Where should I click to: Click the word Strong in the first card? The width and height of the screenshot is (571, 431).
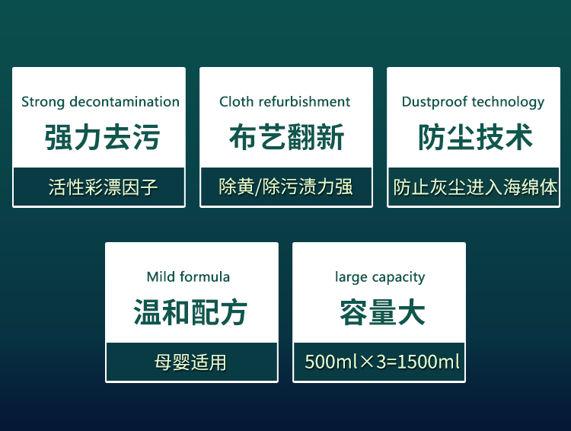(43, 102)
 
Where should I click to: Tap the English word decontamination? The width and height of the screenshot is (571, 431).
(125, 101)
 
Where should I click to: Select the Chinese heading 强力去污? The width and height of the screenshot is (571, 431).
(102, 137)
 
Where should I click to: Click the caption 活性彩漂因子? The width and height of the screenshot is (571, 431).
(103, 187)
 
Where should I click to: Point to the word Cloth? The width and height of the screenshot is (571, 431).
(236, 101)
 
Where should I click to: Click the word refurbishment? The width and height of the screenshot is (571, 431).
(305, 101)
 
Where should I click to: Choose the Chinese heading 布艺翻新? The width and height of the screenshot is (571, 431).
(286, 137)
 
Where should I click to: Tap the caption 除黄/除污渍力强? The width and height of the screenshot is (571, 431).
(285, 187)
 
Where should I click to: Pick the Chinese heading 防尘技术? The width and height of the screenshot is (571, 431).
(475, 137)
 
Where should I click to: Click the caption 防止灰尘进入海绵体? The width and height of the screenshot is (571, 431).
(475, 187)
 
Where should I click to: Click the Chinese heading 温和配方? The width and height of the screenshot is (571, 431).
(190, 312)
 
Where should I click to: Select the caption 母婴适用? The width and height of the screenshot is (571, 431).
(190, 362)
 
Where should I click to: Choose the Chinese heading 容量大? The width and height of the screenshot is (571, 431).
(382, 312)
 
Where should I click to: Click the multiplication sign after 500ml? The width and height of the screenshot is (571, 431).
(368, 362)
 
